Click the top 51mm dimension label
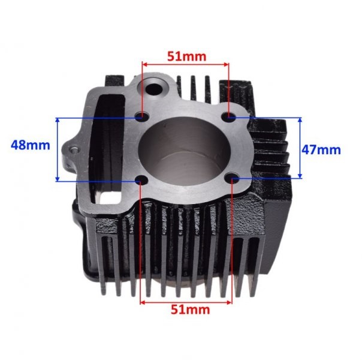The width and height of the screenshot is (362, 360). coord(186,56)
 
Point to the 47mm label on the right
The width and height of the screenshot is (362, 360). coord(321,149)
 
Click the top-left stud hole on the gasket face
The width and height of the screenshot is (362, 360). coord(141,116)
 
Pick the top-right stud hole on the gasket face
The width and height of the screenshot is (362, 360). coord(230,117)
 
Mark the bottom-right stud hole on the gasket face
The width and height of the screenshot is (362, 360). coord(233,178)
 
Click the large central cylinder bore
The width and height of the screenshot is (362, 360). coord(186,153)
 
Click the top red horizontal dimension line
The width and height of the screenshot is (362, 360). coord(185,65)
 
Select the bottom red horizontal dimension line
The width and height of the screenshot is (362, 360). coord(186,302)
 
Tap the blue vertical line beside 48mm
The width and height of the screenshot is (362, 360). coord(58,149)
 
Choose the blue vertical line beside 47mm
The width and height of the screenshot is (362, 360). coord(301,148)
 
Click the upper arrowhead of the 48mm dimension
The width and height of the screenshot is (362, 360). coord(58,120)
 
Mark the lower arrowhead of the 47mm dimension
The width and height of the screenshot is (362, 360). coord(301,176)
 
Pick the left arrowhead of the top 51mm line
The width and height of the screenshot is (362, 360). coord(144,65)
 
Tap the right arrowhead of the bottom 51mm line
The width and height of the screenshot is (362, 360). coord(228,302)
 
